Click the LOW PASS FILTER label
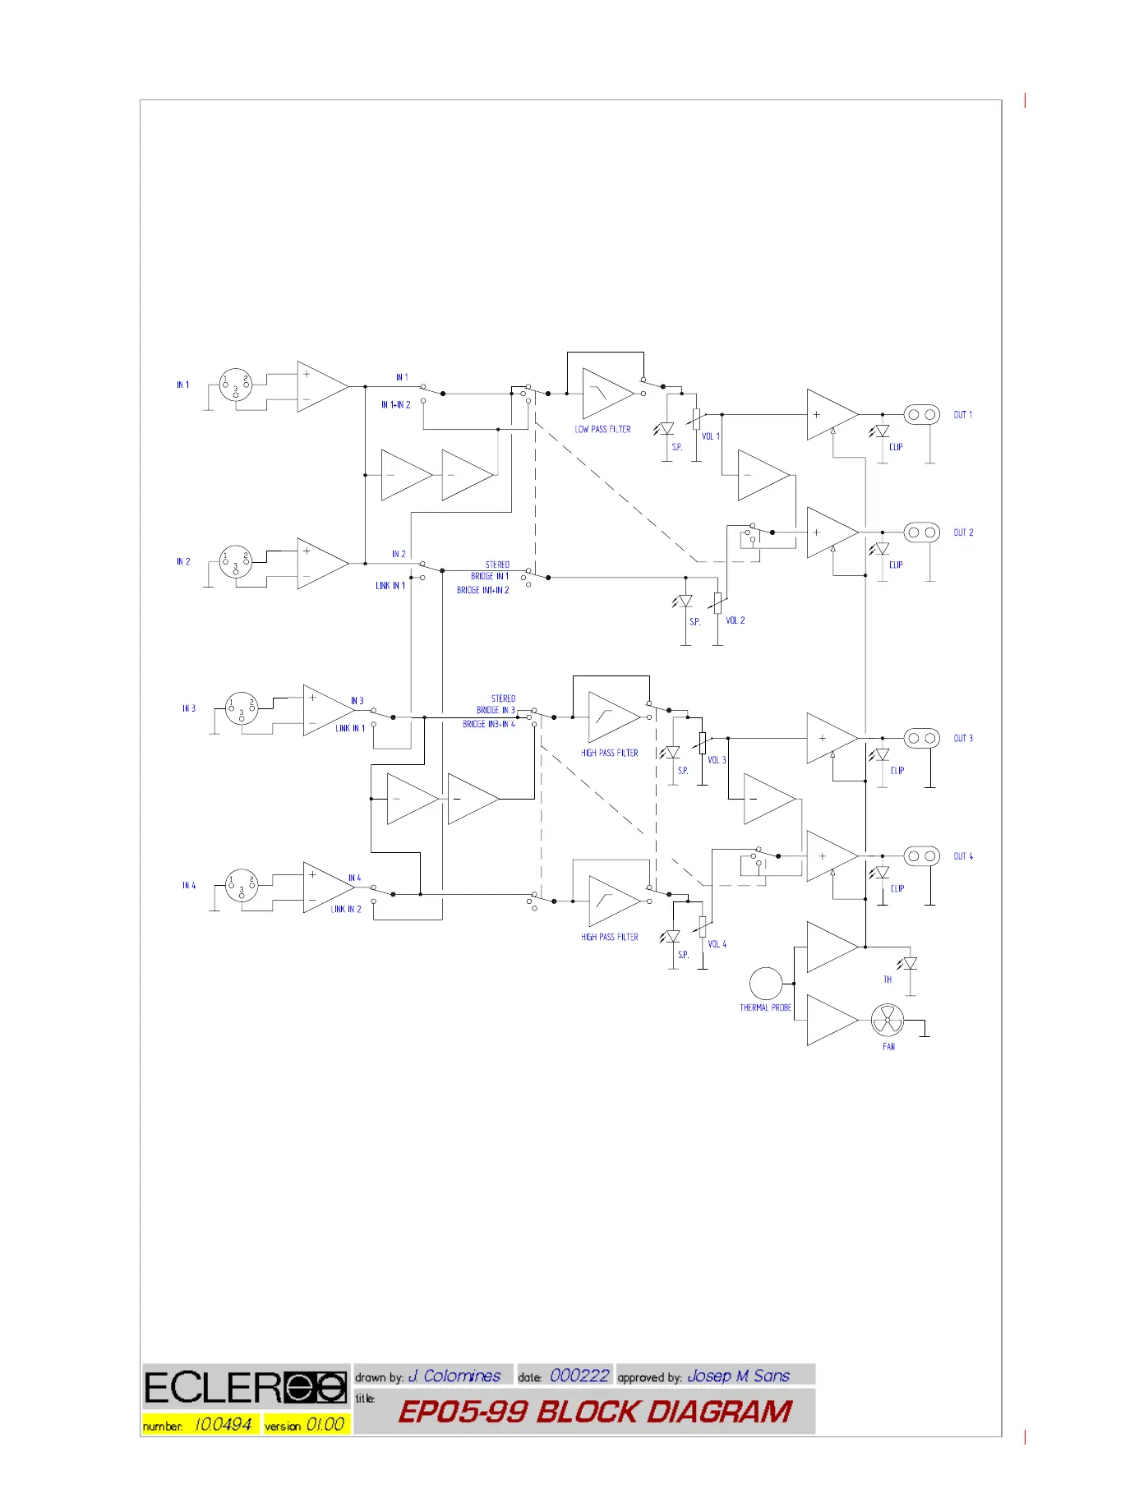click(602, 429)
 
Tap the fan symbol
click(888, 1021)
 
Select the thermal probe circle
click(765, 984)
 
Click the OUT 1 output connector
click(921, 415)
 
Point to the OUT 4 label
click(963, 856)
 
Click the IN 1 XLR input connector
click(236, 385)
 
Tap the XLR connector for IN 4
click(242, 886)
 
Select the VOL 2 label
click(736, 620)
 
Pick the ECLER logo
click(246, 1388)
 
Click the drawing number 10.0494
click(223, 1425)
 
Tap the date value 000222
click(579, 1376)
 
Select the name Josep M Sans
click(738, 1376)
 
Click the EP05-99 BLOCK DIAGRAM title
click(595, 1412)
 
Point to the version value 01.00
click(325, 1425)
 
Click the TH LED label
click(888, 980)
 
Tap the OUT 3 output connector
click(921, 739)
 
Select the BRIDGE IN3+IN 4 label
click(489, 724)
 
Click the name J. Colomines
click(454, 1376)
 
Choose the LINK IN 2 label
click(346, 909)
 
